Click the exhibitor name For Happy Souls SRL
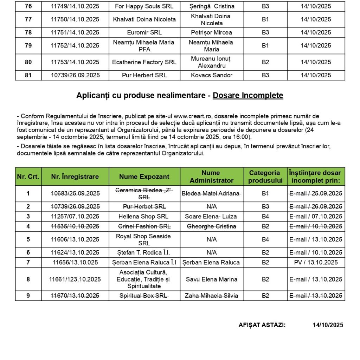[x=144, y=6]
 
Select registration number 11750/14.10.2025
[x=75, y=19]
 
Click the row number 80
[x=28, y=62]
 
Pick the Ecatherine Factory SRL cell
[x=144, y=62]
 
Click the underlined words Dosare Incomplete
[x=248, y=96]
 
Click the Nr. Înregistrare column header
[x=75, y=177]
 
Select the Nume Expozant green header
[x=144, y=177]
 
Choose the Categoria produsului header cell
[x=265, y=177]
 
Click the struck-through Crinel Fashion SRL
[x=144, y=226]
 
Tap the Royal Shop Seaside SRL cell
[x=144, y=239]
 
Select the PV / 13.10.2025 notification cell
[x=316, y=262]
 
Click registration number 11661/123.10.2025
[x=75, y=279]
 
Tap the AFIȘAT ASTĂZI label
[x=262, y=325]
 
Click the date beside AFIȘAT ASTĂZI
[x=328, y=325]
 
